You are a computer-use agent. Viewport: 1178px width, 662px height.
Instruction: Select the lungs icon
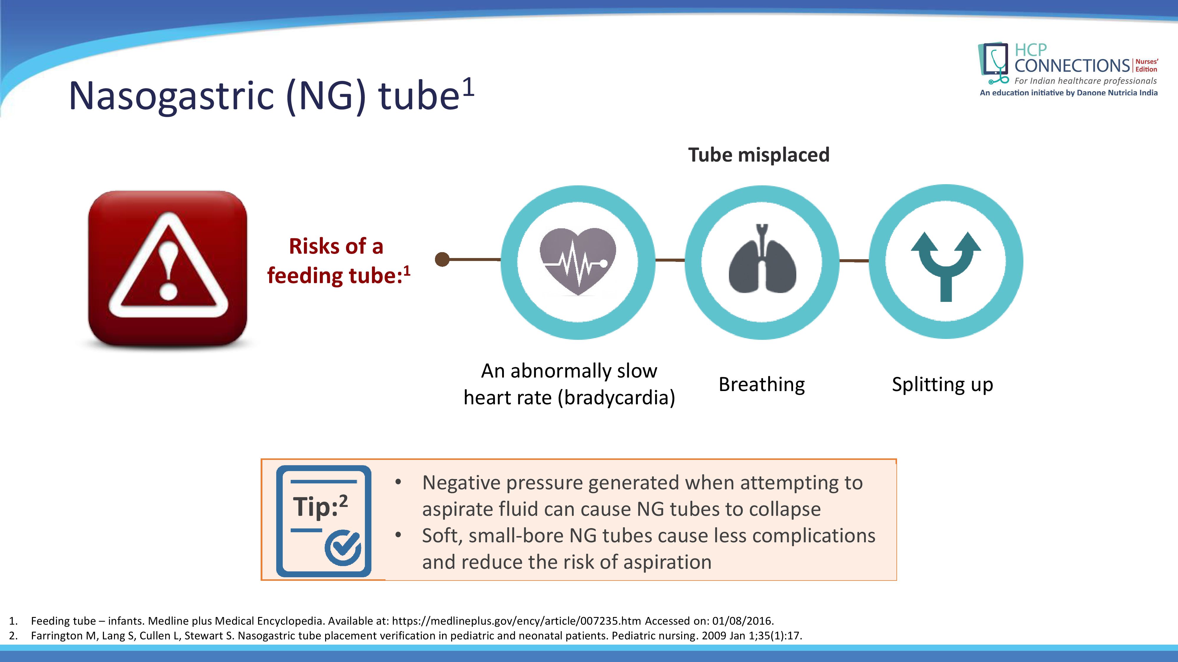(762, 259)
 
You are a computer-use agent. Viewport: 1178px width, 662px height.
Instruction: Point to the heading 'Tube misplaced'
(759, 155)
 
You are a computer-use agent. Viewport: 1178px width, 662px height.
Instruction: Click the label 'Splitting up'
(942, 385)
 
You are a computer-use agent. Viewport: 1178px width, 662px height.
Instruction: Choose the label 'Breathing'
(762, 385)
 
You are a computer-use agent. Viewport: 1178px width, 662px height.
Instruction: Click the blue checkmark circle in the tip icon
(343, 548)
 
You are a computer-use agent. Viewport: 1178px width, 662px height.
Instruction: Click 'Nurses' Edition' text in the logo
(1146, 65)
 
